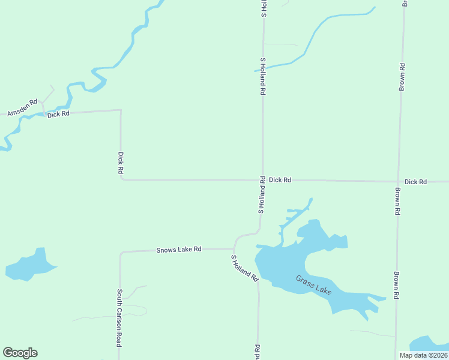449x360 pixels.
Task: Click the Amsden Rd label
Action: (22, 107)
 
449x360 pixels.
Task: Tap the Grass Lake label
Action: (313, 285)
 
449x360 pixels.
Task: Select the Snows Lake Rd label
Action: (178, 248)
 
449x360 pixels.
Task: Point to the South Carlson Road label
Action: (119, 317)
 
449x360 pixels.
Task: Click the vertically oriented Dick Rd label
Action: (121, 163)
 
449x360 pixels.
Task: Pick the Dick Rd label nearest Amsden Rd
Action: (58, 113)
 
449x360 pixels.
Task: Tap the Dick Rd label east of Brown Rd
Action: (415, 181)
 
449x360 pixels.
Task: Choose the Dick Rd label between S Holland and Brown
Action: (280, 179)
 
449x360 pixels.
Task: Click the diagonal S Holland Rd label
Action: (244, 268)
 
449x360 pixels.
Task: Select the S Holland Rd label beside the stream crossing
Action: (262, 77)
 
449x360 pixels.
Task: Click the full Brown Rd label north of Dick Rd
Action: (402, 77)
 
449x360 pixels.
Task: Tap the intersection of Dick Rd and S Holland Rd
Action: (262, 179)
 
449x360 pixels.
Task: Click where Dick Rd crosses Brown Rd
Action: (398, 181)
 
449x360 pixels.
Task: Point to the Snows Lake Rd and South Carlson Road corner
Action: (121, 253)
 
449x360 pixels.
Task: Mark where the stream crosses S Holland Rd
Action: (262, 69)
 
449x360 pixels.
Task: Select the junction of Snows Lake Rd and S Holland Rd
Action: (234, 248)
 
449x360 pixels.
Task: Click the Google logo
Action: (20, 353)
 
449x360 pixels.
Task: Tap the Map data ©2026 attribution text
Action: (422, 355)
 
